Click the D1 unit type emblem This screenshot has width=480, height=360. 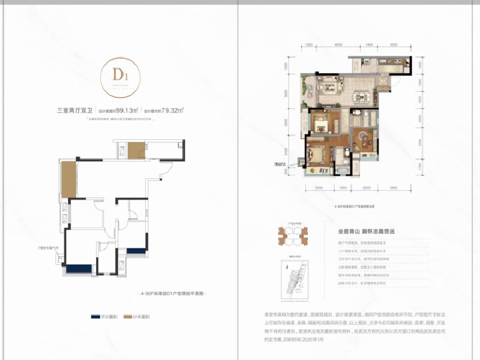(x=119, y=76)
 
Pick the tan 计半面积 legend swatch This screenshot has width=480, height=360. (x=128, y=315)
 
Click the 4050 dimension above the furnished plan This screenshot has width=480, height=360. (x=338, y=45)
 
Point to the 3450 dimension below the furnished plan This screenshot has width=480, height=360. (x=393, y=188)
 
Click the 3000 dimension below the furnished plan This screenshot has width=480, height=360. (x=319, y=188)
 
